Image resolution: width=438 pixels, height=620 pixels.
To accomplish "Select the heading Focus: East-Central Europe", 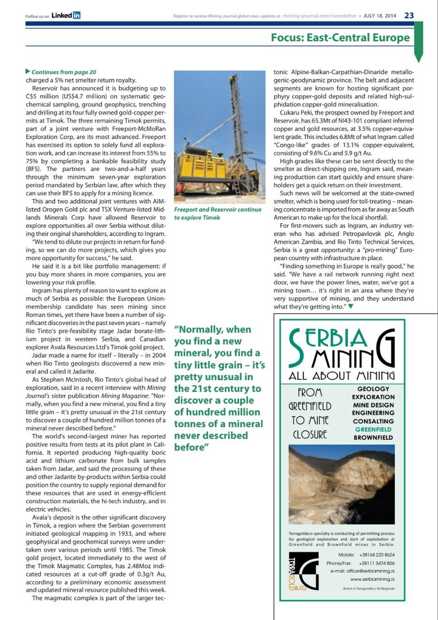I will (x=340, y=37).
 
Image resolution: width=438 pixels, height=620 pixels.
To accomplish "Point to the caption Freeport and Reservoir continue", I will (x=218, y=210).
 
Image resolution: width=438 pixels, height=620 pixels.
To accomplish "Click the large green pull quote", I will (x=221, y=388).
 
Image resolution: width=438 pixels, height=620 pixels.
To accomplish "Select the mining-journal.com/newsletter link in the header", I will (x=319, y=16).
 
